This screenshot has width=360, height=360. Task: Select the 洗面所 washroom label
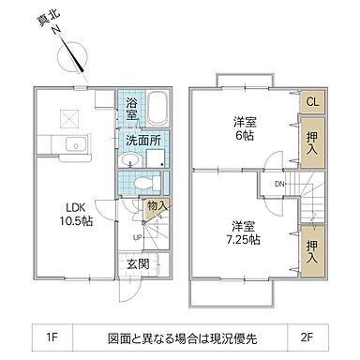(x=143, y=140)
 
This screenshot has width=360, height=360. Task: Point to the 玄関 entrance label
(x=137, y=265)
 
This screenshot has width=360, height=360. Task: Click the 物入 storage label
(x=157, y=206)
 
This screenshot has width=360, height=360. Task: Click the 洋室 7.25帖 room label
(x=246, y=233)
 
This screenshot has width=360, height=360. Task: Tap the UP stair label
(x=138, y=236)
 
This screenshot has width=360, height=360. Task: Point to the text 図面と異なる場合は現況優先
(x=180, y=335)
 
